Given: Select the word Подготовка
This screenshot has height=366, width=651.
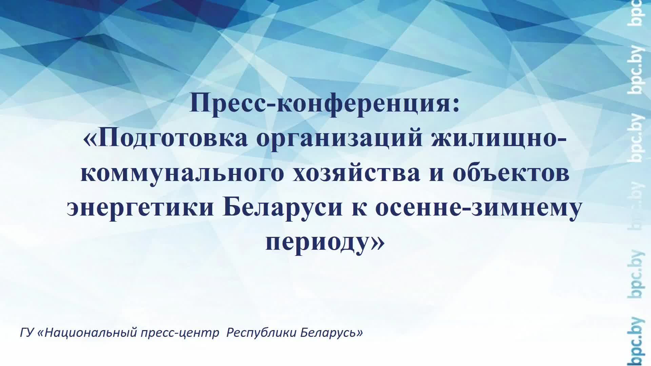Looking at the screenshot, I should tap(173, 138).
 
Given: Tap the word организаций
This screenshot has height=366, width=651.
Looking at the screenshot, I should tap(339, 138).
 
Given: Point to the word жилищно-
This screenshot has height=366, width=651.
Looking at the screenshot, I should tap(498, 138).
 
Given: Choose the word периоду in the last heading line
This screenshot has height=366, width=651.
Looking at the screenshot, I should tap(317, 242).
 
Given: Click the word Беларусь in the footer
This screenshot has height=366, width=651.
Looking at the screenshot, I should tap(329, 333).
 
